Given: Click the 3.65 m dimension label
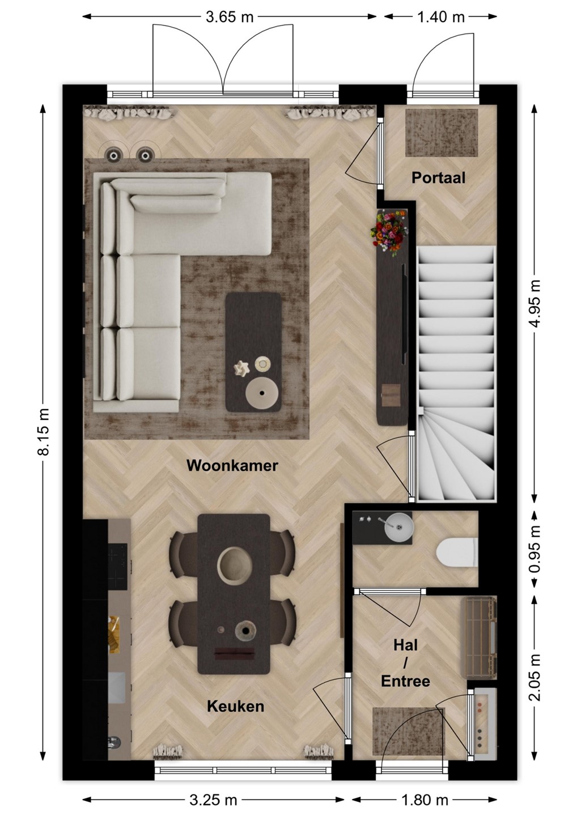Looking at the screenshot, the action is [230, 17].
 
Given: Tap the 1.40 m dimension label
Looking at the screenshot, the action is [441, 17].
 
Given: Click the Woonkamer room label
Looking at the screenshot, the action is [232, 466].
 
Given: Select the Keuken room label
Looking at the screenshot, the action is [235, 706].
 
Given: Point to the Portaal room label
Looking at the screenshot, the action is [439, 178].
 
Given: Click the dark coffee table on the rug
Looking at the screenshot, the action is [253, 352].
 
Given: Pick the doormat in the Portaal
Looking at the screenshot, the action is [442, 133].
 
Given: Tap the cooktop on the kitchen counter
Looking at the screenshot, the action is [117, 567].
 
